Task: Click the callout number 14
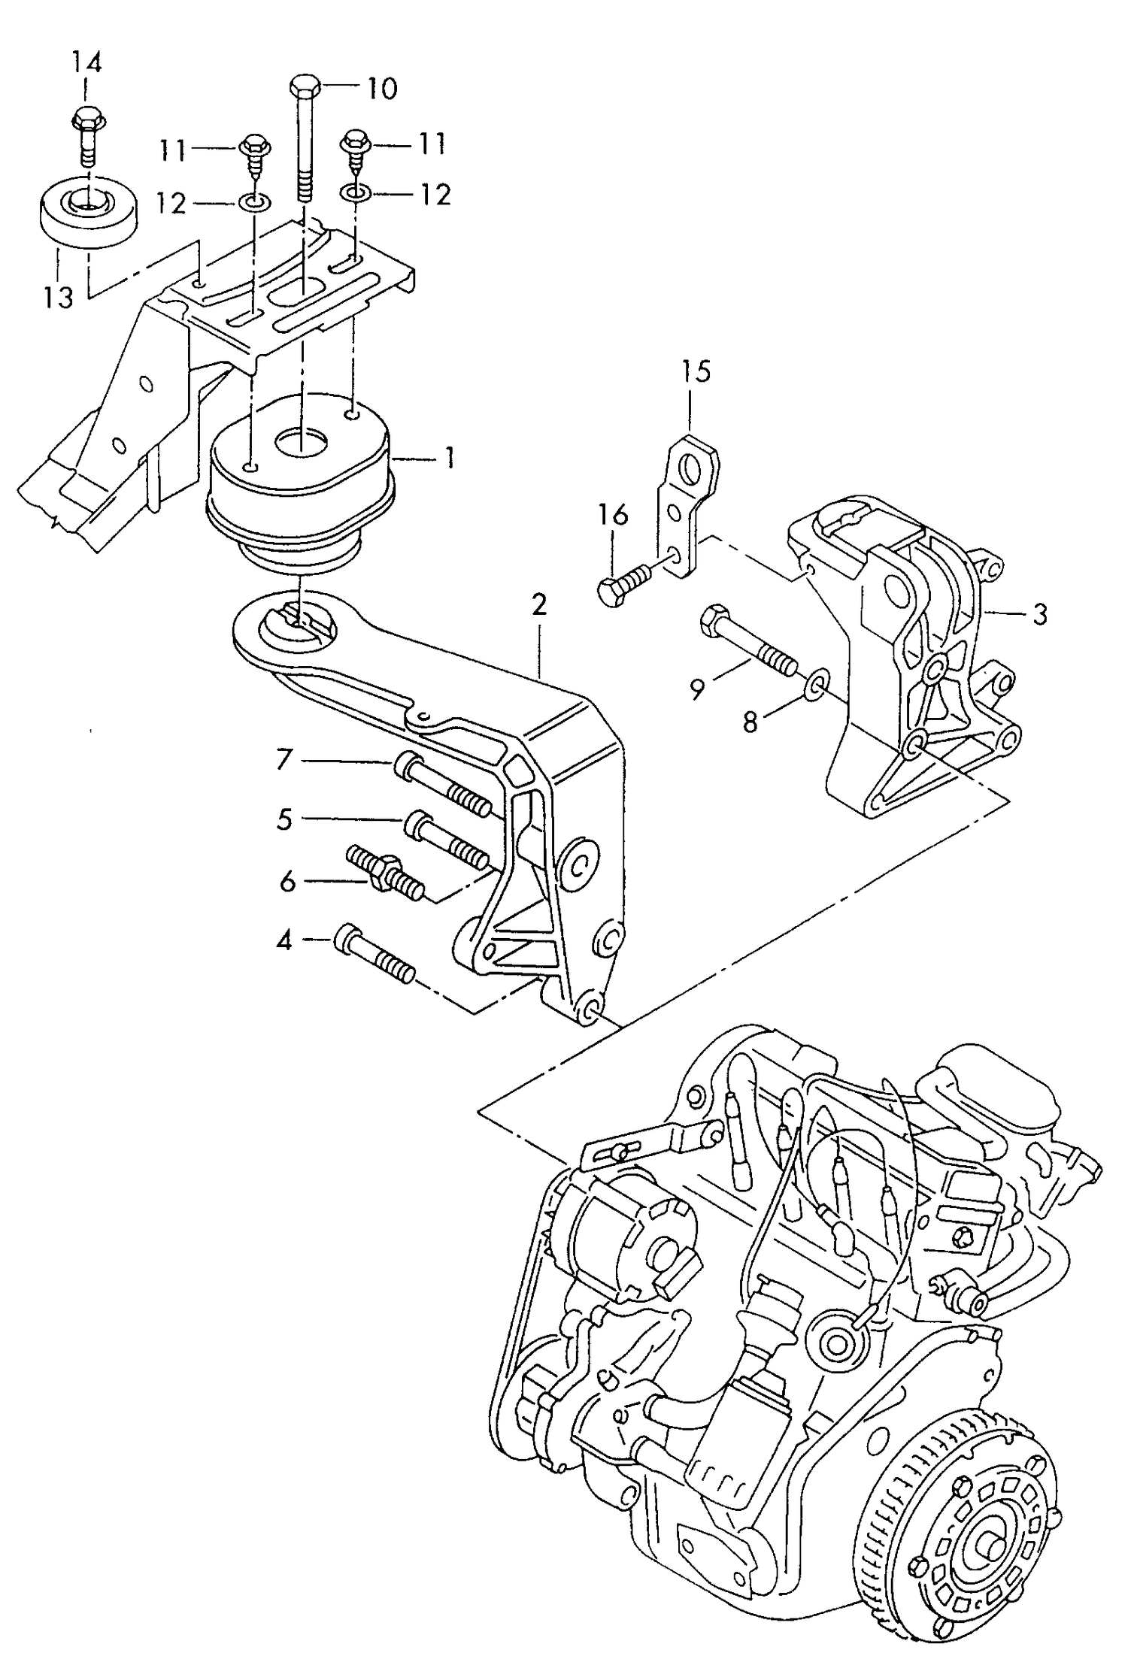click(x=86, y=62)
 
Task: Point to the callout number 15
click(x=696, y=371)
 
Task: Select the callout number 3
click(x=1039, y=615)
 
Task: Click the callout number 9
click(x=697, y=689)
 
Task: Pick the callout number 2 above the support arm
click(x=538, y=605)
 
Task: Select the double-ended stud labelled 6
click(x=385, y=875)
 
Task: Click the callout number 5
click(x=284, y=819)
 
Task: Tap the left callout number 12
click(x=171, y=203)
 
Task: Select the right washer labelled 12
click(x=353, y=194)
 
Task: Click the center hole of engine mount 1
click(x=300, y=442)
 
